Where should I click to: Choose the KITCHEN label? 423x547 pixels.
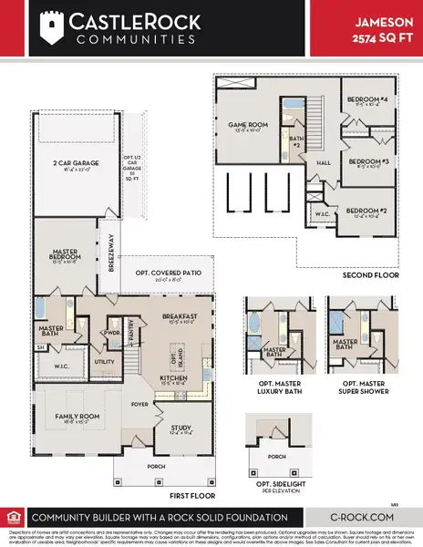(x=173, y=377)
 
